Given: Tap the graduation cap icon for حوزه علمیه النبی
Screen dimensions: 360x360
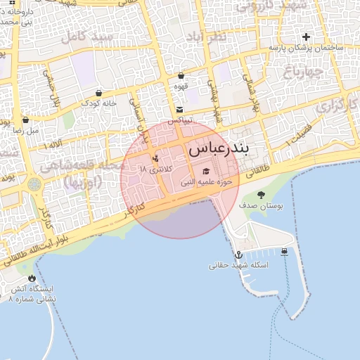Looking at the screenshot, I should pyautogui.click(x=206, y=171).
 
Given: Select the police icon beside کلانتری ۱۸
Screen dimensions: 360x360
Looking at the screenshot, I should pyautogui.click(x=155, y=157).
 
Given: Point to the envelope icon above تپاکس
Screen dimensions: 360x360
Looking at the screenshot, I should pyautogui.click(x=181, y=109).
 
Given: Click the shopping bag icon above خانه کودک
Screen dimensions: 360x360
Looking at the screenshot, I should pyautogui.click(x=98, y=92).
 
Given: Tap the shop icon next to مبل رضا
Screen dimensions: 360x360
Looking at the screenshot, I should pyautogui.click(x=26, y=120).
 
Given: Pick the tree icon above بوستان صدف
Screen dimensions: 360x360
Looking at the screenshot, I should pyautogui.click(x=261, y=195).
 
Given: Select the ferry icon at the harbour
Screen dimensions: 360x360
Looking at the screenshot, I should pyautogui.click(x=284, y=252).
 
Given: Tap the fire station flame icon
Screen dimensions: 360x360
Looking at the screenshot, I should pyautogui.click(x=31, y=278).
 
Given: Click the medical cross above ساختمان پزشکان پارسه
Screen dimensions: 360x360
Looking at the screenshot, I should pyautogui.click(x=306, y=37).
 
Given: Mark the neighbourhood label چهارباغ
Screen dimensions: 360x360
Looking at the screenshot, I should pyautogui.click(x=304, y=72).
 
